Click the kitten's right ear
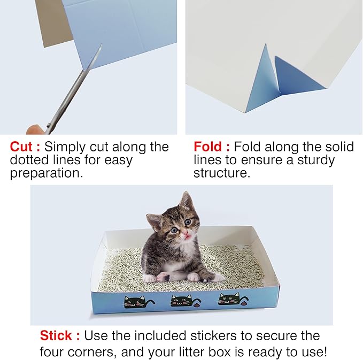click(186, 201)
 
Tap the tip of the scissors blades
click(100, 47)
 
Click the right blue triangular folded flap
click(296, 76)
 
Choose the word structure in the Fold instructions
click(221, 174)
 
